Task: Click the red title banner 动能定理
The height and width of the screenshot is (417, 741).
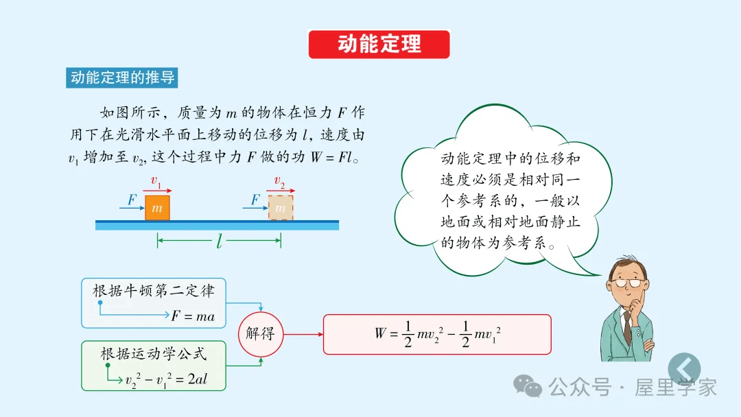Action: coord(379,45)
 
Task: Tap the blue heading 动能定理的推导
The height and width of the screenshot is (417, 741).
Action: coord(122,78)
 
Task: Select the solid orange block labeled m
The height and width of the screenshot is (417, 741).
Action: coord(157,207)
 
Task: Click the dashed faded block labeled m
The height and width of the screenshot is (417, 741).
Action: coord(280,207)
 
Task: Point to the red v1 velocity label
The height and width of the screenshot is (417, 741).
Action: coord(156,182)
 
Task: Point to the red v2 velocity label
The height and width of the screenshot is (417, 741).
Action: coord(279,182)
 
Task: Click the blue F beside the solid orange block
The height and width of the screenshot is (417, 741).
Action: coord(132,200)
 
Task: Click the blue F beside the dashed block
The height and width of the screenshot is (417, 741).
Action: coord(255,200)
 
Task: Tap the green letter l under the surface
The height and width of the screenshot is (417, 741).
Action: coord(220,241)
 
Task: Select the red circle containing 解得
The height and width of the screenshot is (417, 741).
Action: coord(260,334)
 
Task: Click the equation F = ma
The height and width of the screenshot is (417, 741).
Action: coord(193,316)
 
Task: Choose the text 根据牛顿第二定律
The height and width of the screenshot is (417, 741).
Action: coord(154,291)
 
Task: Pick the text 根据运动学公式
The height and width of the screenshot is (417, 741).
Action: coord(154,354)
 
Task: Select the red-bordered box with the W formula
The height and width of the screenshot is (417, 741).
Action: coord(437,334)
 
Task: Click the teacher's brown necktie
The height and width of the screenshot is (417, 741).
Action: coord(627,328)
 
